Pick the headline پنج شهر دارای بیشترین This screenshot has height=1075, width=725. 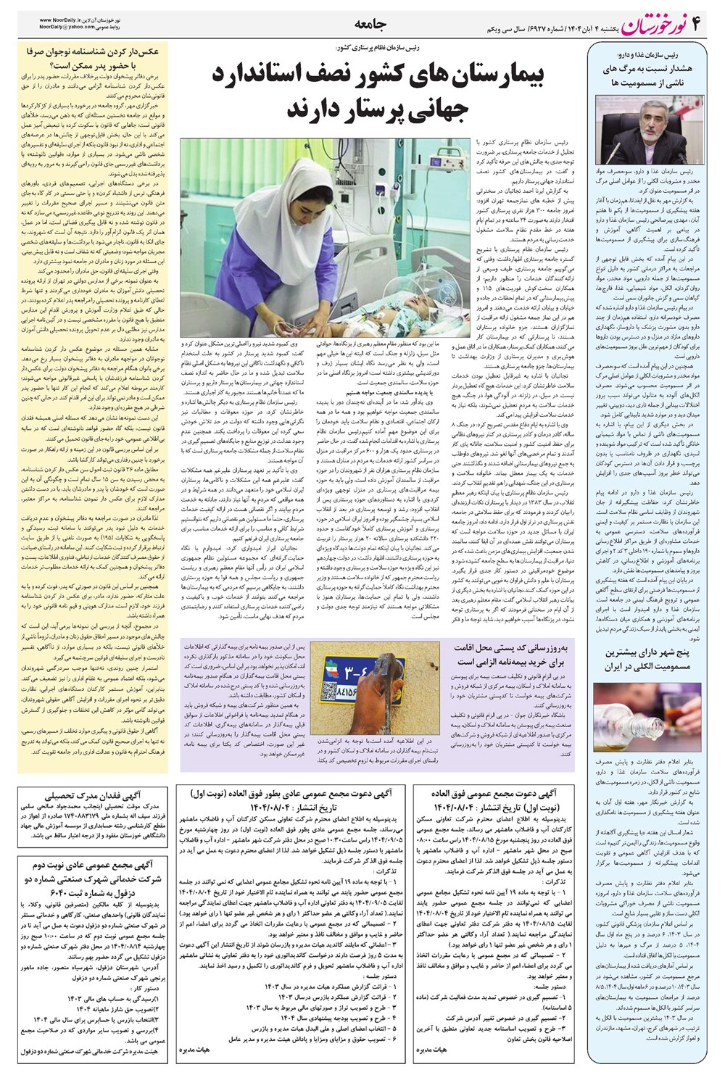645,652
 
